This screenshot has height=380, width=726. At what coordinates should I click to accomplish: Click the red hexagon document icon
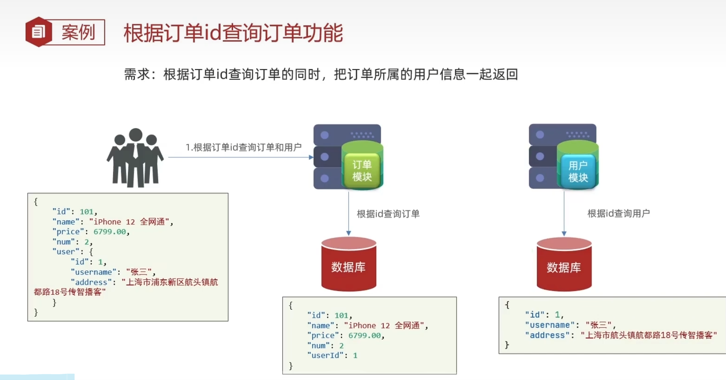pos(38,32)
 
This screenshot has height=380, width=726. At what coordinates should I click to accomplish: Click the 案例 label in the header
pos(78,32)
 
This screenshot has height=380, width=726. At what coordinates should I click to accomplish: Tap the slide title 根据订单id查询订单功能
pos(233,33)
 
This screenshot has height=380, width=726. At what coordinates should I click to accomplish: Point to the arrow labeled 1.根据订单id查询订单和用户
pos(240,157)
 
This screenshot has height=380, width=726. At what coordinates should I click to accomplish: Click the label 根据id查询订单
pos(388,214)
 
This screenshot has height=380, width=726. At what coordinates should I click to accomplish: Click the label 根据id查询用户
pos(618,213)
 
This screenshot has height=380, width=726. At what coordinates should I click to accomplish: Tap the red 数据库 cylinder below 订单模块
pos(349,265)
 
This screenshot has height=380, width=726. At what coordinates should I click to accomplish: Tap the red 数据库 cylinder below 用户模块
pos(564,265)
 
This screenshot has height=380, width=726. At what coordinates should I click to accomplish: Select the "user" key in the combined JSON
pos(66,252)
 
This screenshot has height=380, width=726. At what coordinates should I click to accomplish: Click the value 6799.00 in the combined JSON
pos(110,232)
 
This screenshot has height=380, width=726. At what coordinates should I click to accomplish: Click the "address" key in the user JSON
pos(547,335)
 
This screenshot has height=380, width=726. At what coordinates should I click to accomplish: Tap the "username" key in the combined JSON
pos(93,272)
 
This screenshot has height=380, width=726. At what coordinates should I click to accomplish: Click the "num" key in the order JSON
pos(318,345)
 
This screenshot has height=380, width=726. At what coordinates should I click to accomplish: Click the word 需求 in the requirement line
pos(137,75)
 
